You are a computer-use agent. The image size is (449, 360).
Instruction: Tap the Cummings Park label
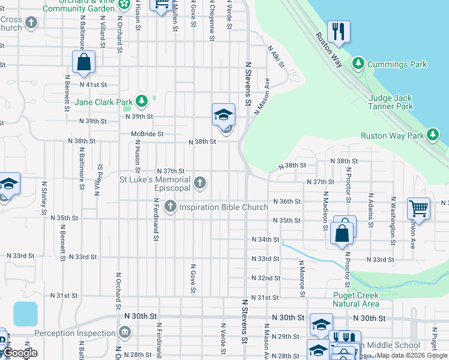pyautogui.click(x=397, y=64)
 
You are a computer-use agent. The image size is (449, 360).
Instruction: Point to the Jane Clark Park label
pyautogui.click(x=103, y=102)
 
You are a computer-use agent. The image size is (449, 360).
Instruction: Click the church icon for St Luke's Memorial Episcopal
pyautogui.click(x=200, y=182)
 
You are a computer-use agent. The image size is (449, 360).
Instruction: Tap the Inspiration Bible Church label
pyautogui.click(x=223, y=208)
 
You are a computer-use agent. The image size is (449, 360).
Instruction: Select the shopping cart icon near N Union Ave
pyautogui.click(x=418, y=209)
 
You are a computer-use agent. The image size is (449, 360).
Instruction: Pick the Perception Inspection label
pyautogui.click(x=75, y=333)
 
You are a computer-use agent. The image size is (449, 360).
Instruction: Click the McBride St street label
pyautogui.click(x=148, y=134)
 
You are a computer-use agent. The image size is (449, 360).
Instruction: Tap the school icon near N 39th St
pyautogui.click(x=223, y=114)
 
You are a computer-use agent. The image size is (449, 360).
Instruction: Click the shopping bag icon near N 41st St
pyautogui.click(x=84, y=61)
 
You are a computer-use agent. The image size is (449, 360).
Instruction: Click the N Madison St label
pyautogui.click(x=325, y=211)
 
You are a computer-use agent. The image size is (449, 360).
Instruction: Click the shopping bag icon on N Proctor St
pyautogui.click(x=342, y=232)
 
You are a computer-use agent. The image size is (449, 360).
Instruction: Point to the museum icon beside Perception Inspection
pyautogui.click(x=124, y=332)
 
